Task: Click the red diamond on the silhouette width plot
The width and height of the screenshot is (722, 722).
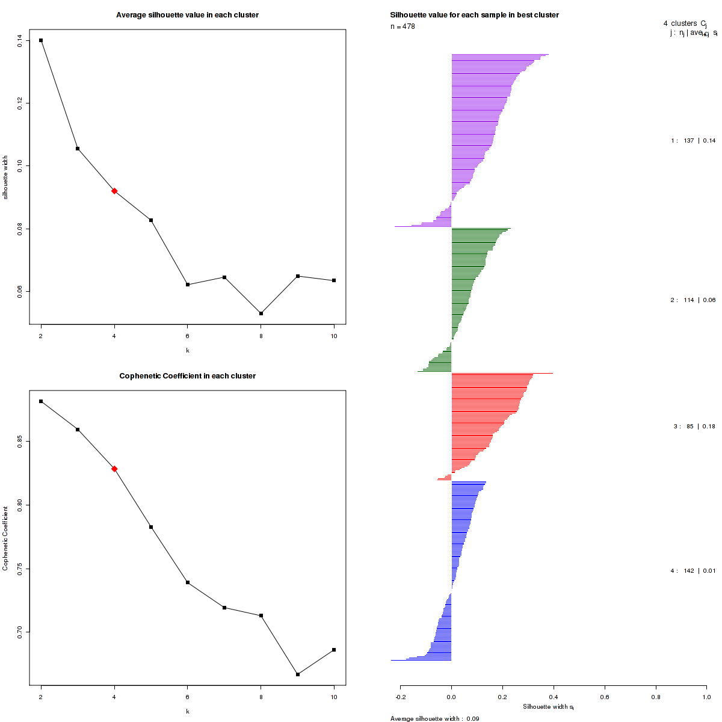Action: pyautogui.click(x=114, y=191)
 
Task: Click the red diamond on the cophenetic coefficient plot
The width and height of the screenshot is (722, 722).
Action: pyautogui.click(x=114, y=469)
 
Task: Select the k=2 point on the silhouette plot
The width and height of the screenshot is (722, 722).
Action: pyautogui.click(x=41, y=40)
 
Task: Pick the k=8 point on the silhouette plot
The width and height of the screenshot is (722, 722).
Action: pyautogui.click(x=261, y=313)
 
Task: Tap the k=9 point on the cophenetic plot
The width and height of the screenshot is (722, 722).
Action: pyautogui.click(x=298, y=674)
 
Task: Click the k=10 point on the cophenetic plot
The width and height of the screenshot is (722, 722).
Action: pyautogui.click(x=334, y=650)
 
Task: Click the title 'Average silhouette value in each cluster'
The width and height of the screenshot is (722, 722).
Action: pyautogui.click(x=187, y=15)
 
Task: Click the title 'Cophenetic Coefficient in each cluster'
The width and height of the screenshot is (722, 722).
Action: pyautogui.click(x=187, y=376)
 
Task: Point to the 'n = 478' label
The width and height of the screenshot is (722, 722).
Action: pyautogui.click(x=403, y=26)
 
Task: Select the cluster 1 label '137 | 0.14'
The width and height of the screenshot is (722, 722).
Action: pyautogui.click(x=693, y=141)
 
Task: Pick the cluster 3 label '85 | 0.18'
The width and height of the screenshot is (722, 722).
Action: pyautogui.click(x=694, y=427)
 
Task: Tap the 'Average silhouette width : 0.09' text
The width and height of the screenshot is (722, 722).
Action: pyautogui.click(x=434, y=718)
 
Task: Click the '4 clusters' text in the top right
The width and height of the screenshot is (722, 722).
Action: pyautogui.click(x=680, y=23)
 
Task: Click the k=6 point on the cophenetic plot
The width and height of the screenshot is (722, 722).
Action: pyautogui.click(x=188, y=582)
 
